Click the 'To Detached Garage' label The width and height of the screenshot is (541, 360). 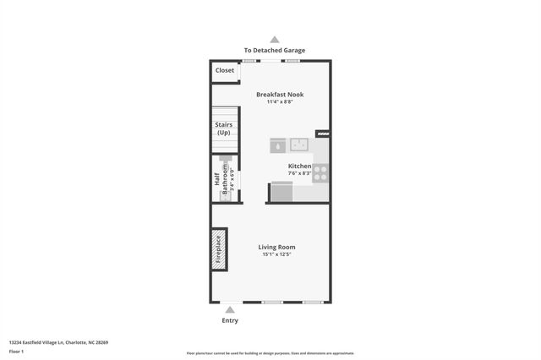275,51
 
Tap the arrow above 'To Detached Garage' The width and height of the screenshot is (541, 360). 275,39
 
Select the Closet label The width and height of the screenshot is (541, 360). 225,70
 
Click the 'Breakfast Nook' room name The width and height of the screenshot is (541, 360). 280,95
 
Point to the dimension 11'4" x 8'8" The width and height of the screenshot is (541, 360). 280,102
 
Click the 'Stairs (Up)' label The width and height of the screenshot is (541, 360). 223,129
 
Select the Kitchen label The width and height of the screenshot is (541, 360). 299,166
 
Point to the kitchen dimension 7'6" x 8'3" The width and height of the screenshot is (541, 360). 299,173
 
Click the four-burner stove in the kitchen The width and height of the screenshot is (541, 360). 320,173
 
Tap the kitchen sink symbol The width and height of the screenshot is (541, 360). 299,145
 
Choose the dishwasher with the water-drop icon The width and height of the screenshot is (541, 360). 278,145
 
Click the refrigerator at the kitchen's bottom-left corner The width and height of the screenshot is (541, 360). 281,193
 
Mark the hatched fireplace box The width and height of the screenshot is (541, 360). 220,249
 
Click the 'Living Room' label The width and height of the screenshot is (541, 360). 276,247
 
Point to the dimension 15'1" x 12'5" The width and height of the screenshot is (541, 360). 276,254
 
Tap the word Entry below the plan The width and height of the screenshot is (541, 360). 230,320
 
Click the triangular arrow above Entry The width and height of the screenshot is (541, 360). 230,310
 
